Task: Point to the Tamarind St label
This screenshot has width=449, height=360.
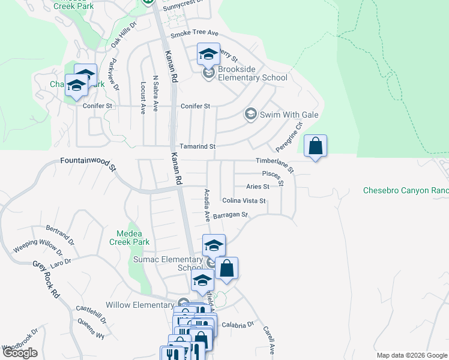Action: click(197, 146)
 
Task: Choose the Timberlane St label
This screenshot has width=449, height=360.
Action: click(275, 165)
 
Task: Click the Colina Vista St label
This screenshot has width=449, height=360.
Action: click(244, 200)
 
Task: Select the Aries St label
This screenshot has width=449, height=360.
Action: click(257, 187)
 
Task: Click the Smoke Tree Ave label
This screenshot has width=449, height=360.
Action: click(194, 34)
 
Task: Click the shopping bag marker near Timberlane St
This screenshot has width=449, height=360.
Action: click(315, 146)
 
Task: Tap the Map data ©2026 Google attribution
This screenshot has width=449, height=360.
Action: click(412, 355)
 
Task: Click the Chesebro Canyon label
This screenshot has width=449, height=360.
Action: click(406, 191)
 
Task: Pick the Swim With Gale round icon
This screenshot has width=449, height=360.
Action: click(250, 114)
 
